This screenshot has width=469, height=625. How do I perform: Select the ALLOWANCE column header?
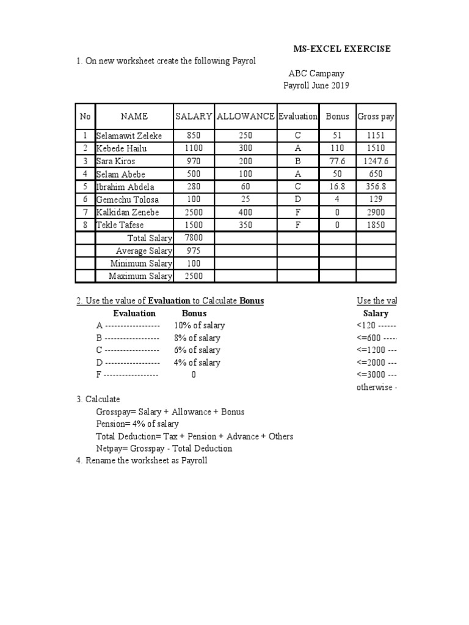pos(245,116)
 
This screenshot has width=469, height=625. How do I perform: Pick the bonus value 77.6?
pos(336,161)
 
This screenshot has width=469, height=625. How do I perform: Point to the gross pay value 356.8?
pos(376,187)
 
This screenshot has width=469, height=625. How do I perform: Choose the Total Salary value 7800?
pos(193,238)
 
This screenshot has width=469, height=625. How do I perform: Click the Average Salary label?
pos(144,251)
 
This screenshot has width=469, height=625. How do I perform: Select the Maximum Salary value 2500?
pos(193,276)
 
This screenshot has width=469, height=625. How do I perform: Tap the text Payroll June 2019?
pos(316,85)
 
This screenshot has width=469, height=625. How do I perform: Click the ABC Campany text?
pos(316,73)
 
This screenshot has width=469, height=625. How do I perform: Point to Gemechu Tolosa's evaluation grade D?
pos(297,200)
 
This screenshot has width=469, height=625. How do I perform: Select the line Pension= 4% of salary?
pos(137,424)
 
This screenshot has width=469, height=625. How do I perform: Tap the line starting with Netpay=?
pos(164,448)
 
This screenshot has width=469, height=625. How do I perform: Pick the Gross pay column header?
pos(376,116)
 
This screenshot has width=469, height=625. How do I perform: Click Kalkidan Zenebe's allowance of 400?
pos(245,212)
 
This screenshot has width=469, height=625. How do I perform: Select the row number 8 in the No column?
pos(85,225)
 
